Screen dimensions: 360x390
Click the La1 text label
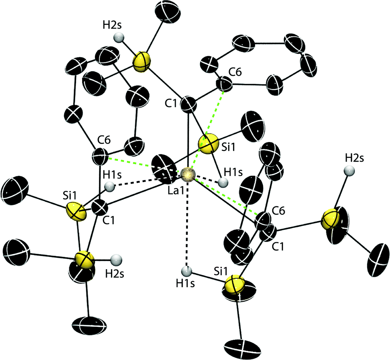pos(176,192)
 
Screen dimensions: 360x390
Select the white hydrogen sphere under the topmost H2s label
pos(118,38)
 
